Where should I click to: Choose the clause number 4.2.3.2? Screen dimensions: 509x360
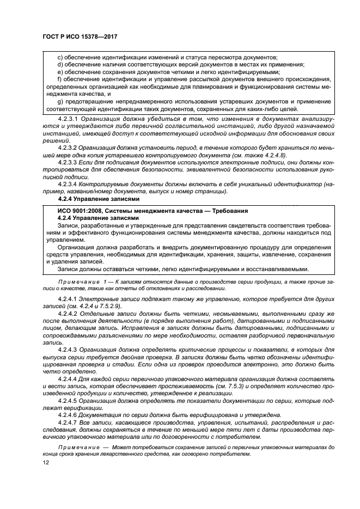click(68, 147)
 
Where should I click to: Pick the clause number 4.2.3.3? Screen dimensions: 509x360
click(68, 162)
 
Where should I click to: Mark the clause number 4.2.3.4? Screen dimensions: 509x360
click(68, 184)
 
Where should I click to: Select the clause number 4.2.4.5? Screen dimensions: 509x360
click(68, 401)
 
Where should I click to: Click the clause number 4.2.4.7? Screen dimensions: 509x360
click(68, 423)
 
